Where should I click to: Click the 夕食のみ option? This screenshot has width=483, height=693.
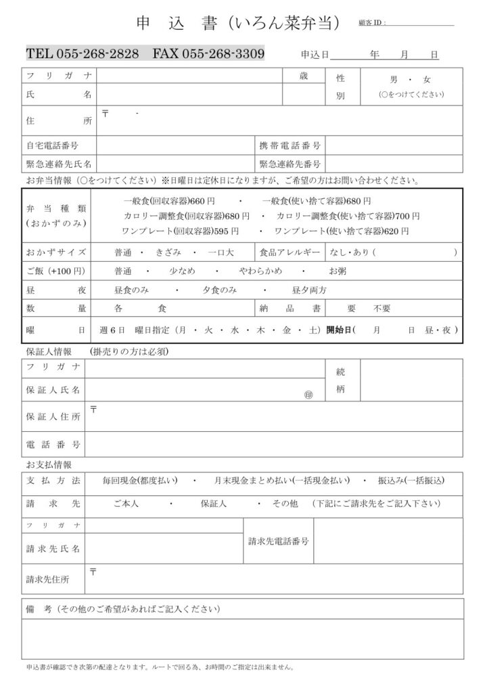(x=219, y=290)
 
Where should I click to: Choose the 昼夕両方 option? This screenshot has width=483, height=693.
(x=309, y=290)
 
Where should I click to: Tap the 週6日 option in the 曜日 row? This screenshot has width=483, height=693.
(x=112, y=330)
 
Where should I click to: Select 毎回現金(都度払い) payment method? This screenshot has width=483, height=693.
(x=139, y=480)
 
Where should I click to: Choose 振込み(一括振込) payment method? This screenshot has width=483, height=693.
(x=411, y=480)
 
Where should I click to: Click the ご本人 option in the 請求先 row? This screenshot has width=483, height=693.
(x=126, y=504)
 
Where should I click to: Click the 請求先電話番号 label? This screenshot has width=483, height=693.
(x=279, y=541)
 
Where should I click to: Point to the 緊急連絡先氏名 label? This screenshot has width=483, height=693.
(x=60, y=164)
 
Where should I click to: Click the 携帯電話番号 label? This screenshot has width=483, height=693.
(x=290, y=146)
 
